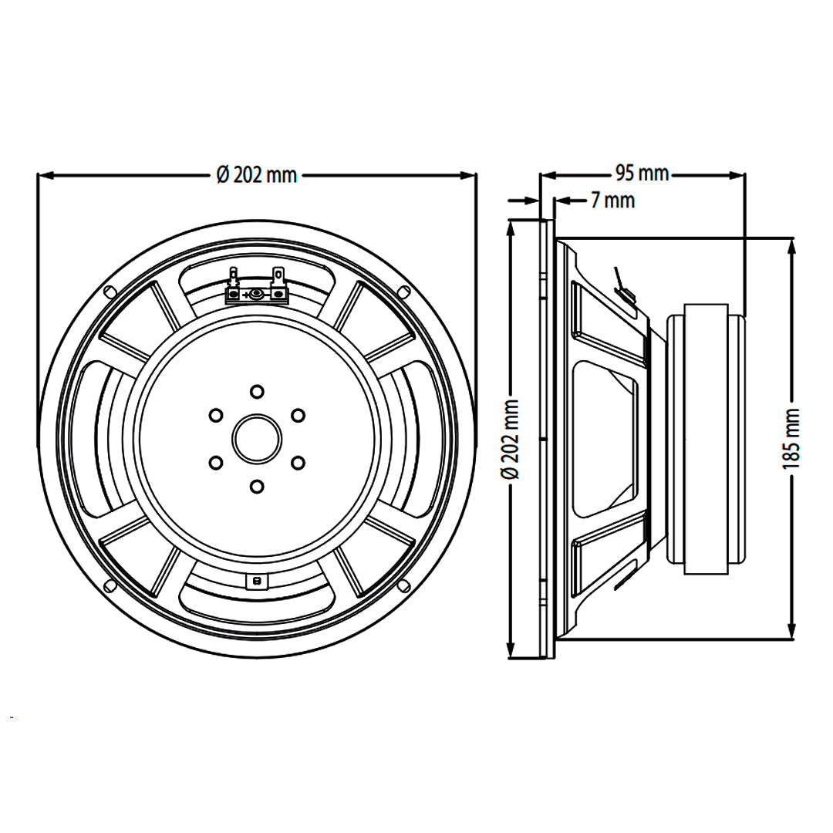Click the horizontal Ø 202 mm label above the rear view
(x=257, y=175)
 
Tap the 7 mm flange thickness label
(x=612, y=201)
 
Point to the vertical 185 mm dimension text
(x=791, y=439)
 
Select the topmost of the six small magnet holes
(x=257, y=391)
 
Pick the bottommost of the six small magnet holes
(x=257, y=486)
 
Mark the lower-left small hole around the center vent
(x=216, y=463)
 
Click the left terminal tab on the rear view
(x=234, y=275)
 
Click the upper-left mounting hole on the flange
(x=110, y=292)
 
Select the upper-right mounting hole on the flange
(x=403, y=292)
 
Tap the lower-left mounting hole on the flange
(x=110, y=585)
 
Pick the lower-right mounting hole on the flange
(x=403, y=585)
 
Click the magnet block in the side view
(x=706, y=439)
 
